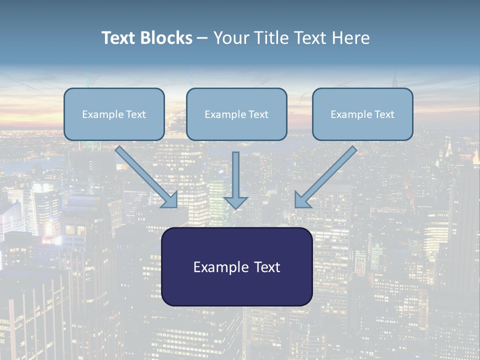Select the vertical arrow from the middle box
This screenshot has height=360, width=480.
235,175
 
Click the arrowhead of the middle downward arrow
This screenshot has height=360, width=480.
235,202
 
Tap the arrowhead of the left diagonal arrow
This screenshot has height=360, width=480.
169,199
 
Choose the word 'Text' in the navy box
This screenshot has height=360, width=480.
267,267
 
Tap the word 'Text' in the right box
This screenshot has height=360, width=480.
384,114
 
